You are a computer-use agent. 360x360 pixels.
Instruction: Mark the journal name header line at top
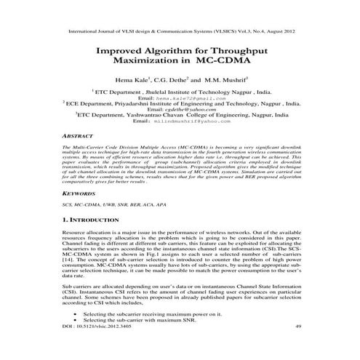coord(180,32)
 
